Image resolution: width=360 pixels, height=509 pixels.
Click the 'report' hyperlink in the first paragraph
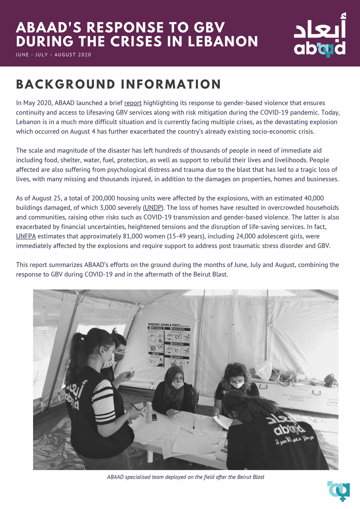click(133, 103)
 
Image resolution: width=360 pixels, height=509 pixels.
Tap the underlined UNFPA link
click(26, 237)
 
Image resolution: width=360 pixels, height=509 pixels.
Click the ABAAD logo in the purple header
click(320, 36)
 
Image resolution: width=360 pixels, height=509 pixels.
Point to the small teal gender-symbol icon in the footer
click(339, 490)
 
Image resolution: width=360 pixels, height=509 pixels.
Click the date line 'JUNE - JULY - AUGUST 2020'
click(54, 55)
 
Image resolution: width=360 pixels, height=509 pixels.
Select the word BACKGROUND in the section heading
click(66, 84)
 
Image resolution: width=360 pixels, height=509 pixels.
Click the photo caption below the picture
click(185, 477)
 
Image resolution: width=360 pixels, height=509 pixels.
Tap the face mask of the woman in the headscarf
click(177, 385)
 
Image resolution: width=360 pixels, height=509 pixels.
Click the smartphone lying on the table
click(154, 417)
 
